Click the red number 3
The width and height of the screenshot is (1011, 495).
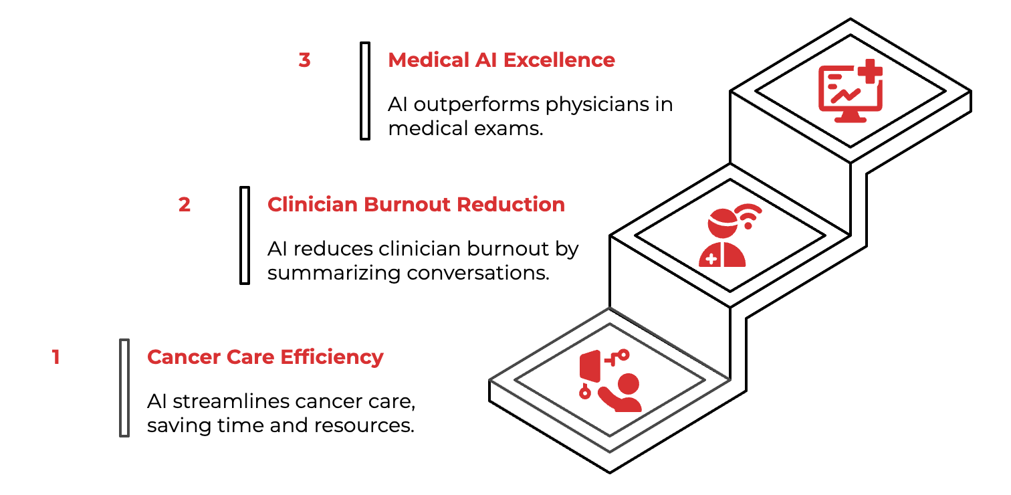coord(304,60)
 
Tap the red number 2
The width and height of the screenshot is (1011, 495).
coord(184,204)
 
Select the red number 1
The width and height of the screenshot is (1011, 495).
coord(56,357)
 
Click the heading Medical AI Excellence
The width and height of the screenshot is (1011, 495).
coord(501,60)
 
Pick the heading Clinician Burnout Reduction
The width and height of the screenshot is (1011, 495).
coord(416,204)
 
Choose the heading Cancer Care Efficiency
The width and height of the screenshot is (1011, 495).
coord(265,357)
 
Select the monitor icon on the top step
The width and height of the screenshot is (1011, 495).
coord(846,96)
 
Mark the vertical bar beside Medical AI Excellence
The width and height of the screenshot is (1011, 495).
coord(364,90)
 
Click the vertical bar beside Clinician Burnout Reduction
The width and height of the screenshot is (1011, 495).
coord(245,235)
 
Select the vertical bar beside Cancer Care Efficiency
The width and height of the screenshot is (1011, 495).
coord(124,388)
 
